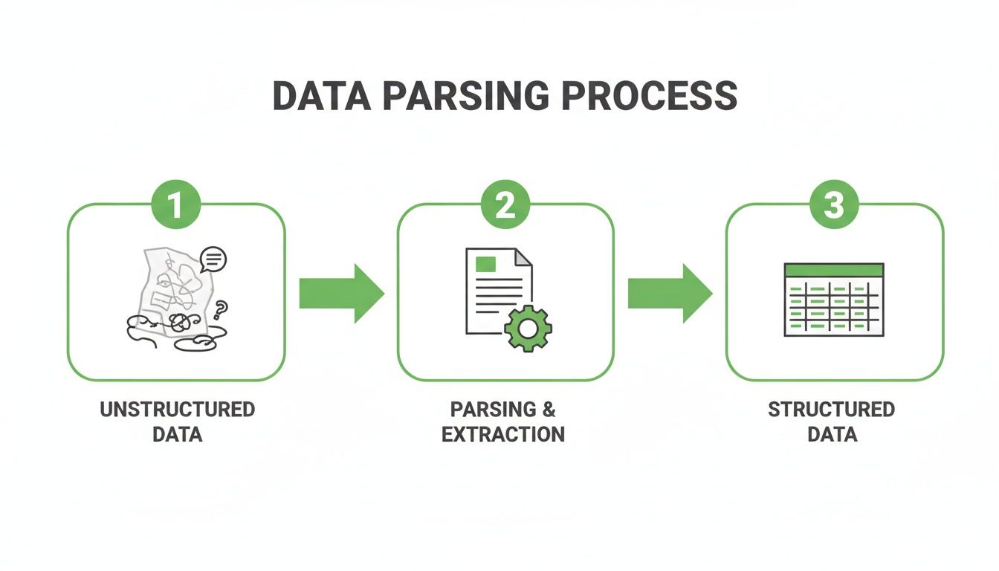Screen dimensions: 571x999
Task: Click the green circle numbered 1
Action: coord(175,205)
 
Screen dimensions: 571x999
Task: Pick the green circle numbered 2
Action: coord(505,205)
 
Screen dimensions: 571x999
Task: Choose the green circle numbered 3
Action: coord(834,205)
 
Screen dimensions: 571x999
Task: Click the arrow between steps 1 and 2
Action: coord(340,293)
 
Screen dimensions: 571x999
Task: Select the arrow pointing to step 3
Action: coord(669,293)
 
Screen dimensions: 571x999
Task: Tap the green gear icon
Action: coord(528,327)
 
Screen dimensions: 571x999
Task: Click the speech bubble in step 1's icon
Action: coord(213,259)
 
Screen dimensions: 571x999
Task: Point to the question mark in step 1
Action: coord(220,308)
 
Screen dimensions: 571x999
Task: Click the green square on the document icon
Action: coord(486,263)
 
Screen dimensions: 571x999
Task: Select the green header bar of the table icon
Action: coord(834,269)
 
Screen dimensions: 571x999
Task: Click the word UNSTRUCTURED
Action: coord(177,410)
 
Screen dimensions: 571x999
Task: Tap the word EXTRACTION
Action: coord(503,434)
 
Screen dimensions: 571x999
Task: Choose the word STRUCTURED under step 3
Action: coord(831,410)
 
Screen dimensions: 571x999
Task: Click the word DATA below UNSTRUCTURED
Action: coord(177,434)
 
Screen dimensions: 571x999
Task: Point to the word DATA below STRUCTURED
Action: coord(832,434)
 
